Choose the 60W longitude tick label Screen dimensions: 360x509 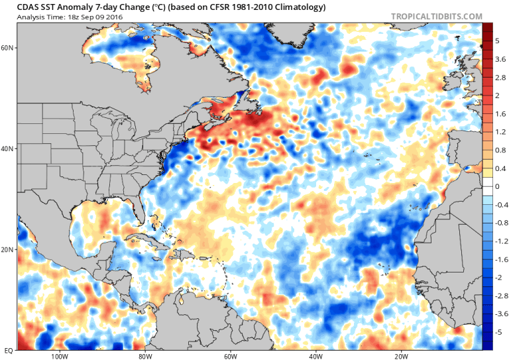(231, 355)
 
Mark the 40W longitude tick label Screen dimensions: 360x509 (315, 355)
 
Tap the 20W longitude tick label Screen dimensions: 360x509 (401, 355)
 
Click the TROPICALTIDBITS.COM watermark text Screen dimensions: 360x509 (447, 15)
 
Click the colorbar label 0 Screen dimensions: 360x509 (497, 186)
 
